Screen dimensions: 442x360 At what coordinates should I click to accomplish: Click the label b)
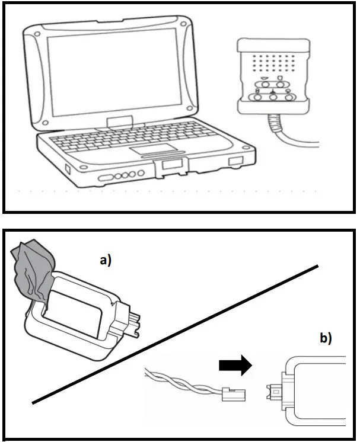click(x=325, y=339)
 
